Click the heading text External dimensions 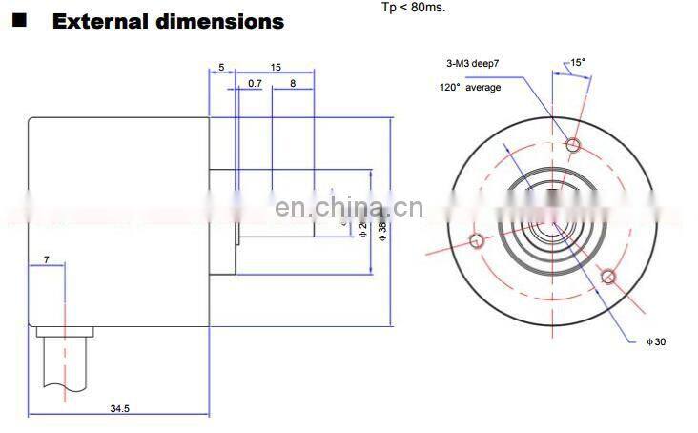[x=168, y=20]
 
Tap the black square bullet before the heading [x=18, y=19]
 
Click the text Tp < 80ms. [x=413, y=8]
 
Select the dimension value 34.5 [x=119, y=408]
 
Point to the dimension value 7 [x=45, y=259]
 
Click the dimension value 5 [x=220, y=67]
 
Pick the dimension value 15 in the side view [x=275, y=67]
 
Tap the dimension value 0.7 [x=255, y=84]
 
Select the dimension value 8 [x=292, y=84]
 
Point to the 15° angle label [x=577, y=63]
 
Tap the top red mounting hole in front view [x=573, y=145]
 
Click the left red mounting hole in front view [x=476, y=240]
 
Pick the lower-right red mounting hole [x=609, y=278]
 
